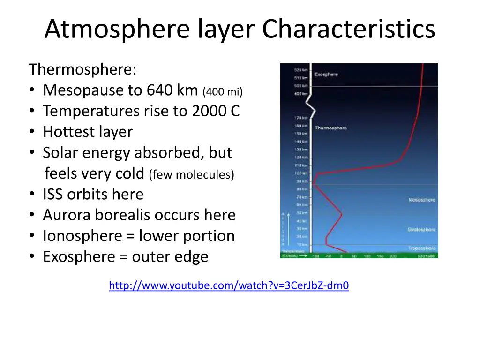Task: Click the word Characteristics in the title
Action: (x=348, y=29)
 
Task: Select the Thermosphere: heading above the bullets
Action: (x=83, y=69)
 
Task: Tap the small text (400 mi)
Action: (x=223, y=91)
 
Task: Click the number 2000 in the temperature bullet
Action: (x=208, y=111)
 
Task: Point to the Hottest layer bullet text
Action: (x=88, y=132)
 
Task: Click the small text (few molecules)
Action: (x=191, y=175)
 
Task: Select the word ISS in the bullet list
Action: (x=53, y=194)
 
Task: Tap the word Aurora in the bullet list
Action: (x=67, y=215)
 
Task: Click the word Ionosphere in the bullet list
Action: (x=82, y=235)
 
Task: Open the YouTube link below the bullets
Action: (x=229, y=285)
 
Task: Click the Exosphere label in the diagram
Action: (x=326, y=75)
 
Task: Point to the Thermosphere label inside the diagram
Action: (x=330, y=128)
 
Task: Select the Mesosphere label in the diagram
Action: (x=421, y=200)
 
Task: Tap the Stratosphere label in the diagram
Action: (x=421, y=230)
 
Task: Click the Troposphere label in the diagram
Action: (x=421, y=248)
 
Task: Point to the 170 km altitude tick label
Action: (x=301, y=118)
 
